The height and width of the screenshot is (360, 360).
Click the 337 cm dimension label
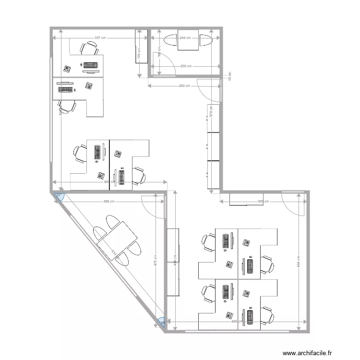pyautogui.click(x=100, y=37)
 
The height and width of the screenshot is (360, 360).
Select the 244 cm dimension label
pyautogui.click(x=185, y=37)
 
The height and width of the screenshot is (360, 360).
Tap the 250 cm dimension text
pyautogui.click(x=186, y=66)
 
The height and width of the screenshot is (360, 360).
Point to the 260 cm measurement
pyautogui.click(x=184, y=86)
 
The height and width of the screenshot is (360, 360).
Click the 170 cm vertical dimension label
pyautogui.click(x=139, y=53)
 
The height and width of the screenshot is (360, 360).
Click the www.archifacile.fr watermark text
pyautogui.click(x=307, y=353)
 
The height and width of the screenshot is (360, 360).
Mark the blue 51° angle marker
pyautogui.click(x=58, y=195)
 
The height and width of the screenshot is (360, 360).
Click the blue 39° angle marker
pyautogui.click(x=162, y=323)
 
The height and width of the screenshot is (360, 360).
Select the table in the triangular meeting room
pyautogui.click(x=117, y=240)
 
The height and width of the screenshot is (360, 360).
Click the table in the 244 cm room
pyautogui.click(x=188, y=39)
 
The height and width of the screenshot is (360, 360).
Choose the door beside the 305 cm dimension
pyautogui.click(x=293, y=204)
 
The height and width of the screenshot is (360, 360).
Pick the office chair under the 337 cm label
pyautogui.click(x=89, y=48)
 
